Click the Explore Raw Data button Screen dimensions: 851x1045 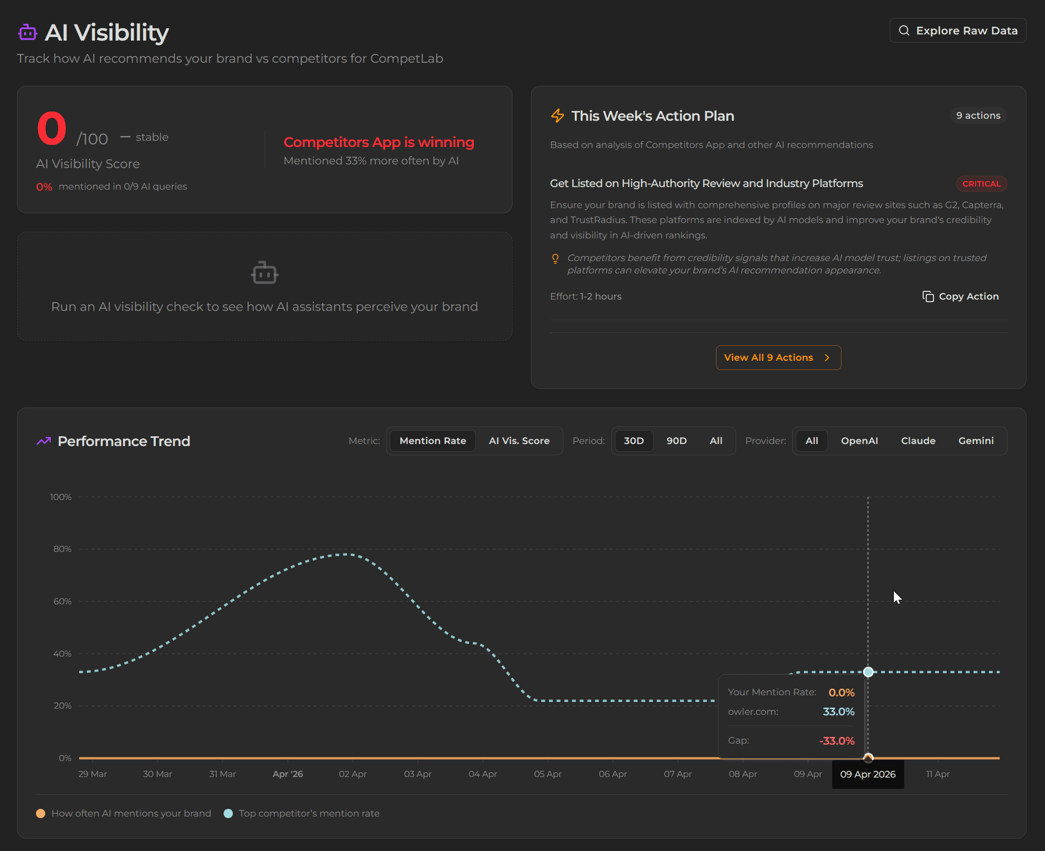tap(958, 31)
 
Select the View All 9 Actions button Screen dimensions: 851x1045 tap(778, 358)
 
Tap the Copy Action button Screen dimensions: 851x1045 tap(960, 297)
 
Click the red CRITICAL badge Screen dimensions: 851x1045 tap(981, 184)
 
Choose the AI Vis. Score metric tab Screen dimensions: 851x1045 tap(519, 441)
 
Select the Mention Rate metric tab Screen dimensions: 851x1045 tap(433, 441)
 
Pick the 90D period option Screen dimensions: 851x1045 tap(676, 441)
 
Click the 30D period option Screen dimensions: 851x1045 tap(634, 441)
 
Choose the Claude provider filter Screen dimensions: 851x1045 tap(918, 441)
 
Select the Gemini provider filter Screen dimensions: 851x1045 tap(976, 441)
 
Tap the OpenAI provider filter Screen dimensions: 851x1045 tap(859, 441)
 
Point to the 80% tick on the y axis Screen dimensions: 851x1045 tap(63, 549)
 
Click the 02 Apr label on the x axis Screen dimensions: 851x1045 tap(353, 774)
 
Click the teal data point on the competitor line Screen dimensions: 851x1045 tap(868, 672)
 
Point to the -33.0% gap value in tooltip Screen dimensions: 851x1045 tap(837, 741)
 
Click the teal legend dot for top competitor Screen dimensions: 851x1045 tap(229, 813)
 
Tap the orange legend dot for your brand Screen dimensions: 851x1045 tap(41, 813)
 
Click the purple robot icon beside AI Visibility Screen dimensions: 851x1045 tap(28, 33)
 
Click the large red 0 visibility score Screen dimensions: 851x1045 tap(52, 128)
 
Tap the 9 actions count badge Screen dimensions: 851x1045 tap(978, 116)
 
